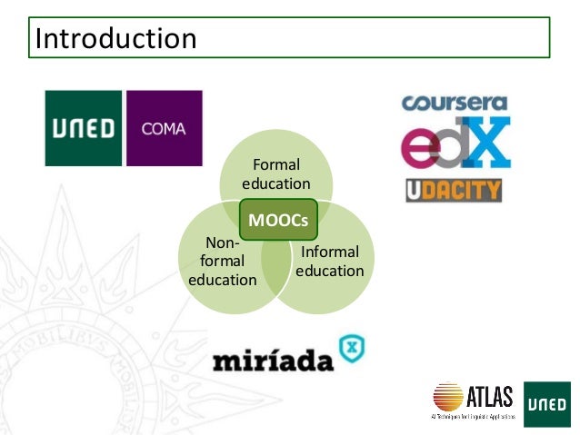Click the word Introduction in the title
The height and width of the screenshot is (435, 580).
pos(115,39)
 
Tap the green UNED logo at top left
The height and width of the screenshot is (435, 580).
pos(84,128)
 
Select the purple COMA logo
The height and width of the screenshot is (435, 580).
pos(164,128)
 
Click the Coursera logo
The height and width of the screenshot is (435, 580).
pos(455,104)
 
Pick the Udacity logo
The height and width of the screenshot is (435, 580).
pos(454,190)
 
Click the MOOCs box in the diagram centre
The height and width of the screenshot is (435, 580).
pos(276,220)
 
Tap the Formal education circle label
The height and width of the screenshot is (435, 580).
pos(276,174)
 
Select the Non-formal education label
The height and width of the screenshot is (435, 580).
pos(222,262)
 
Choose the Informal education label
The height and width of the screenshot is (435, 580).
pos(329,262)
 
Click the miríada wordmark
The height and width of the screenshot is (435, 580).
pos(273,360)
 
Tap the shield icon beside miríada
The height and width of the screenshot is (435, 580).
pos(351,347)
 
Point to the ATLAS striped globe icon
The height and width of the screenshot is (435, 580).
pos(448,397)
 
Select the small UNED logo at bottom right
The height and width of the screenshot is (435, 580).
pos(546,403)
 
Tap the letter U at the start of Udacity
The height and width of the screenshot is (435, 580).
pos(415,190)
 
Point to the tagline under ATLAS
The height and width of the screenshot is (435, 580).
pos(473,415)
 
